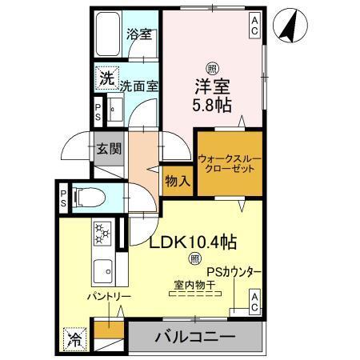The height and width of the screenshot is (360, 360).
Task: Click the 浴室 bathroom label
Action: [141, 35]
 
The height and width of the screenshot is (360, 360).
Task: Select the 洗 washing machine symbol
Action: [106, 78]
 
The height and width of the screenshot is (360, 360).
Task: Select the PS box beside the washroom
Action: [98, 110]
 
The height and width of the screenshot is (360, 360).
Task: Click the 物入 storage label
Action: [178, 181]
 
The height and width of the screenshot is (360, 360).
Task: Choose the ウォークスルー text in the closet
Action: [230, 159]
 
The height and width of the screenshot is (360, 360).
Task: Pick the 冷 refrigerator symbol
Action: [74, 338]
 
